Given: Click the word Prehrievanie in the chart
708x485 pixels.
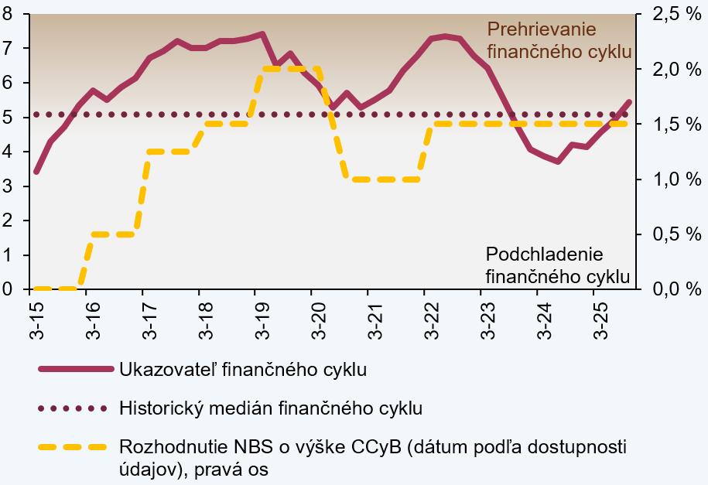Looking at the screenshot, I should tap(542, 30).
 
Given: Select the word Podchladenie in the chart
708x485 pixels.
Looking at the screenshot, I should tap(544, 254).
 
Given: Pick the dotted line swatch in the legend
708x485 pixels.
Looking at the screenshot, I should tap(72, 408).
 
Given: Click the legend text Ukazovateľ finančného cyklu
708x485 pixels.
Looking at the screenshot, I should tap(242, 369).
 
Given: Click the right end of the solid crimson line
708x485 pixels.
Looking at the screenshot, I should tap(630, 101).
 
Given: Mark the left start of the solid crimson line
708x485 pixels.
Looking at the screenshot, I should tap(36, 172).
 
